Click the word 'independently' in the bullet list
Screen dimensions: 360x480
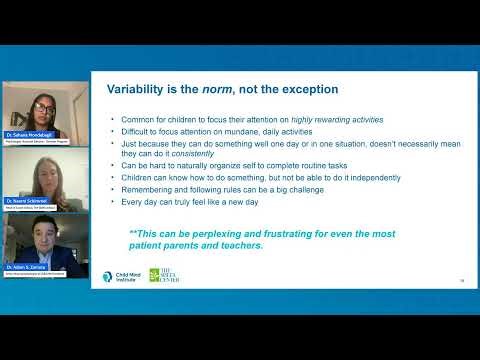tap(334, 175)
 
